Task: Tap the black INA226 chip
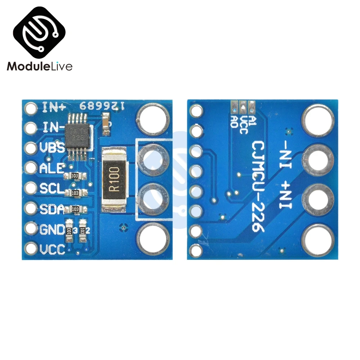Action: pyautogui.click(x=77, y=135)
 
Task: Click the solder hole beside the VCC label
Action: pyautogui.click(x=32, y=248)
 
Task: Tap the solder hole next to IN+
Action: pyautogui.click(x=32, y=107)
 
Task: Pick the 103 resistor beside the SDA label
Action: pyautogui.click(x=75, y=209)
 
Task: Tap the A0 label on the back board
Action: pyautogui.click(x=234, y=120)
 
